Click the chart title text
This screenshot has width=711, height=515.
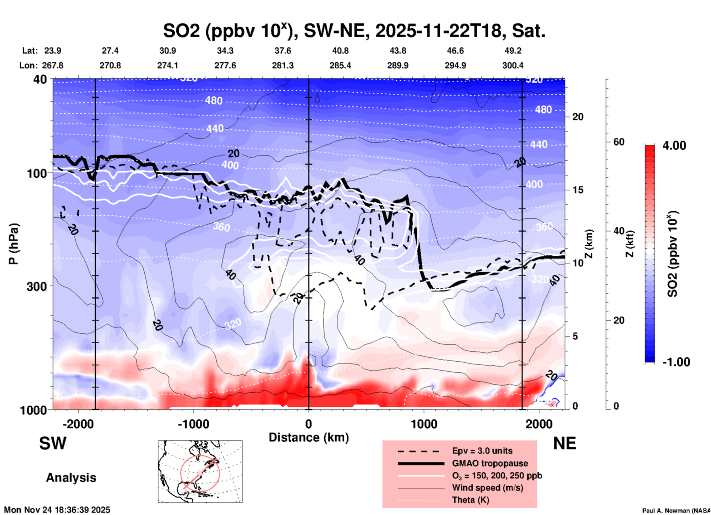(x=354, y=31)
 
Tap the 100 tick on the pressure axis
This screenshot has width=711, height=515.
(x=37, y=173)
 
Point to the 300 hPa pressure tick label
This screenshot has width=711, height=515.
(x=37, y=286)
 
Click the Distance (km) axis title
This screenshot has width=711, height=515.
(x=309, y=437)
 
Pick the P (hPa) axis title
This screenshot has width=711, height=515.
(x=14, y=244)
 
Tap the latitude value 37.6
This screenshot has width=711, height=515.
(x=283, y=51)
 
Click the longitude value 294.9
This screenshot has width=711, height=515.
(x=455, y=65)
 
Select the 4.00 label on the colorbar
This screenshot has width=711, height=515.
(x=674, y=146)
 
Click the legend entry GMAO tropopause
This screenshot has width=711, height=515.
(x=490, y=463)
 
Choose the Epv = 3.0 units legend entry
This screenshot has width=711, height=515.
(x=482, y=451)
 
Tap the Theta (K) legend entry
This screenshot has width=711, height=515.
(x=470, y=500)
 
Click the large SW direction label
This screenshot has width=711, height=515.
(x=53, y=443)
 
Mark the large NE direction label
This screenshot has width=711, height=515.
(x=564, y=443)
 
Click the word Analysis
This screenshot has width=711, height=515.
(x=71, y=478)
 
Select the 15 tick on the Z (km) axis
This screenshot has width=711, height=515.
(x=578, y=190)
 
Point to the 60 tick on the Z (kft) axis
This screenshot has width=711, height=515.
(x=619, y=142)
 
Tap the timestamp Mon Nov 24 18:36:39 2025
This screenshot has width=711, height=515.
(x=57, y=510)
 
